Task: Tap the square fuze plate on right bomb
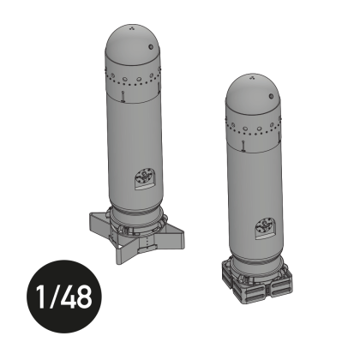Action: (x=264, y=228)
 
